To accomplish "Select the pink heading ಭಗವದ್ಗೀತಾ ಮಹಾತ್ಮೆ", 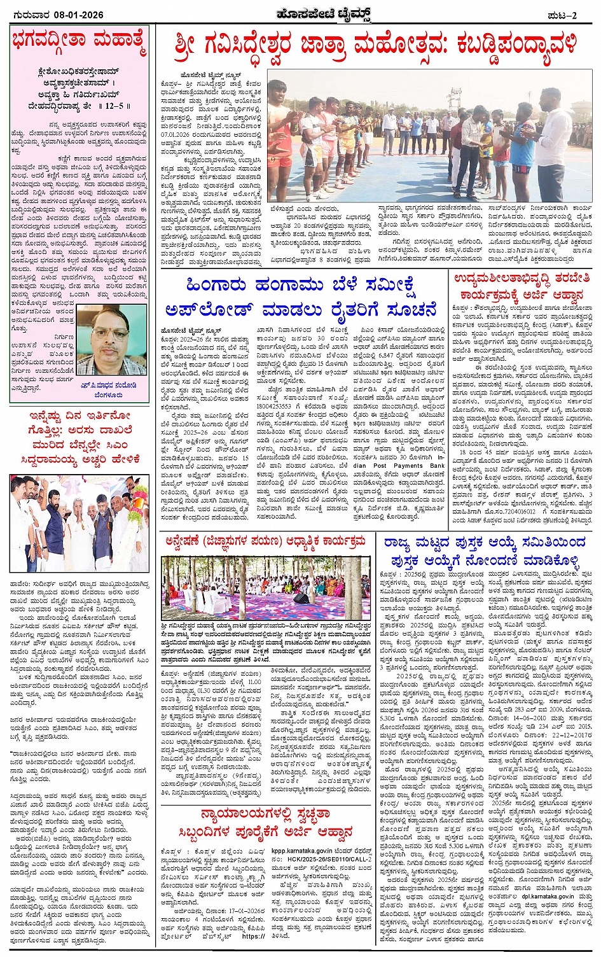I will point(79,43).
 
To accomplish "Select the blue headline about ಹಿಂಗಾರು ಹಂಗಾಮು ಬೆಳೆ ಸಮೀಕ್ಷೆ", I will point(301,298).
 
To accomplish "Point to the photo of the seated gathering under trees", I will point(266,589).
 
